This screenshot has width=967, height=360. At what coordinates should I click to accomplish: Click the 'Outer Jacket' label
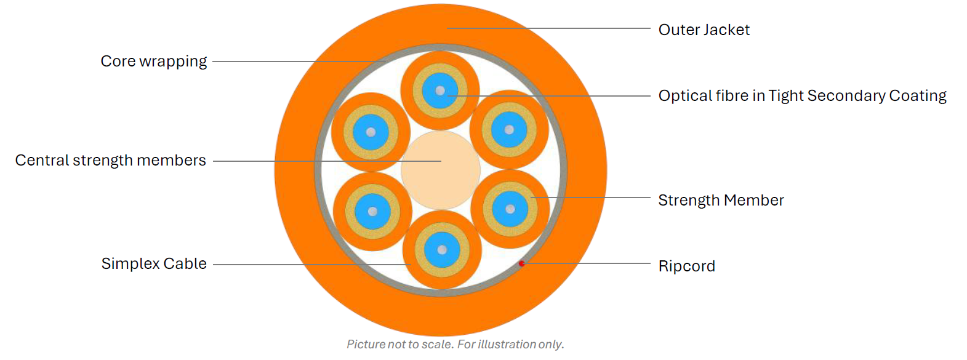pos(704,30)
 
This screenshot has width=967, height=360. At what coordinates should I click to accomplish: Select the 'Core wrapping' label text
pos(153,62)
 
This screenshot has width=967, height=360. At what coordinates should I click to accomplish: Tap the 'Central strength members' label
pos(110,161)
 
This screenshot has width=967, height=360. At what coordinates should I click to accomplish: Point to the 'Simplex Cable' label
pos(154,264)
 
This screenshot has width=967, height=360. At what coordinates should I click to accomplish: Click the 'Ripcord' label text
pos(686,266)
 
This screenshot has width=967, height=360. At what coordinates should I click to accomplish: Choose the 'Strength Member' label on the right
pos(721,201)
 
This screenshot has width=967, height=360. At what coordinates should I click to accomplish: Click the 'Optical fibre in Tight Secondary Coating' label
pos(802,96)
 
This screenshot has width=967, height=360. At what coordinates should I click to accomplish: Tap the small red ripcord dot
pos(521,263)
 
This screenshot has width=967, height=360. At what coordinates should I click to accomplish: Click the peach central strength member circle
pos(441,170)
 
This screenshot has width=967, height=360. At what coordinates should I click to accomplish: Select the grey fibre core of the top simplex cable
pos(440,91)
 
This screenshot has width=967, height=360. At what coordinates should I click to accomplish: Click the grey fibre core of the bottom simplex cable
pos(442,250)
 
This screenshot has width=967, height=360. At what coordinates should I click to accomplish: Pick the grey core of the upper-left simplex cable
pos(371,132)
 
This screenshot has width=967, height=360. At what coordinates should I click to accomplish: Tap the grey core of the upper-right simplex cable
pos(509,130)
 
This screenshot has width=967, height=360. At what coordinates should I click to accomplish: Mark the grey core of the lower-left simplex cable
pos(372,212)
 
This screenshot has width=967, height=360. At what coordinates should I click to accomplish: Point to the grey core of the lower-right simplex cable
pos(510,209)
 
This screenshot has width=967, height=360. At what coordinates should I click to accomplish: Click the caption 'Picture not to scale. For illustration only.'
pos(455,345)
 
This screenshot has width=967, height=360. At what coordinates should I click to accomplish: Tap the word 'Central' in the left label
pos(42,161)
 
